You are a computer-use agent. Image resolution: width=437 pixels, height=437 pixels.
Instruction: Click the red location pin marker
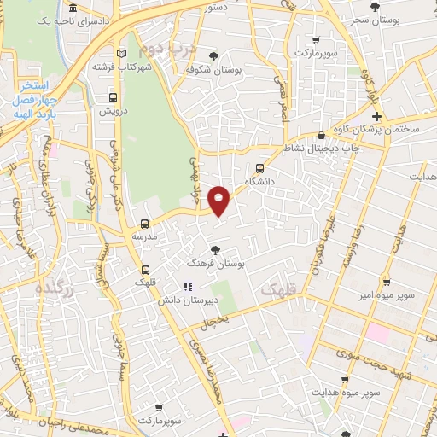pos(220,200)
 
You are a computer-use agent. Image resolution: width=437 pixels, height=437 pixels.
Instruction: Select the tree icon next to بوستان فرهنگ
pos(216,250)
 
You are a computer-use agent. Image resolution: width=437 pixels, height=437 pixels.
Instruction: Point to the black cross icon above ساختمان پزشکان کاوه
pos(376,115)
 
